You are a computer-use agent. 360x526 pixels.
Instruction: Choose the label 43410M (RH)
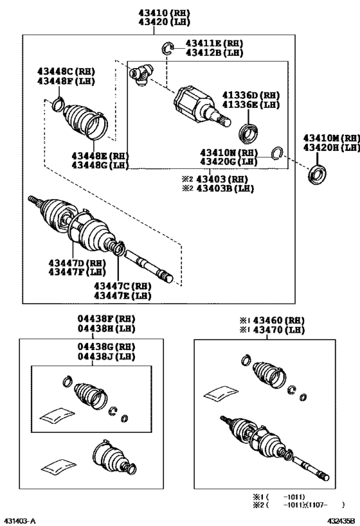[332, 138]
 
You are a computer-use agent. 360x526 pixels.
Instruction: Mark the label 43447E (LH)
[123, 295]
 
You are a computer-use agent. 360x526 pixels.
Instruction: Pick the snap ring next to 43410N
[278, 152]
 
